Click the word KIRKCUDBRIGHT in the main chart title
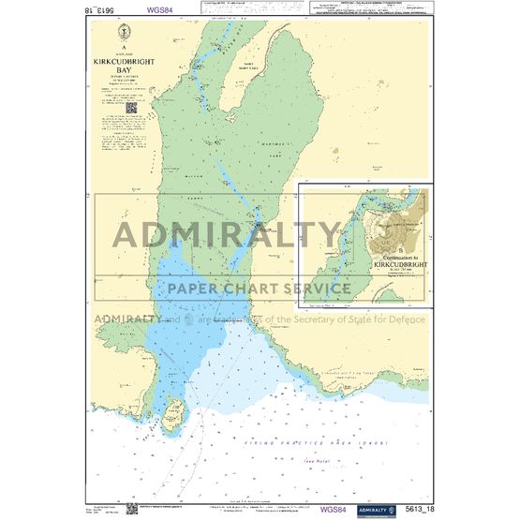tap(124, 60)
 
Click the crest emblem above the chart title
tap(124, 37)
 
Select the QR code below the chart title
tap(132, 107)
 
